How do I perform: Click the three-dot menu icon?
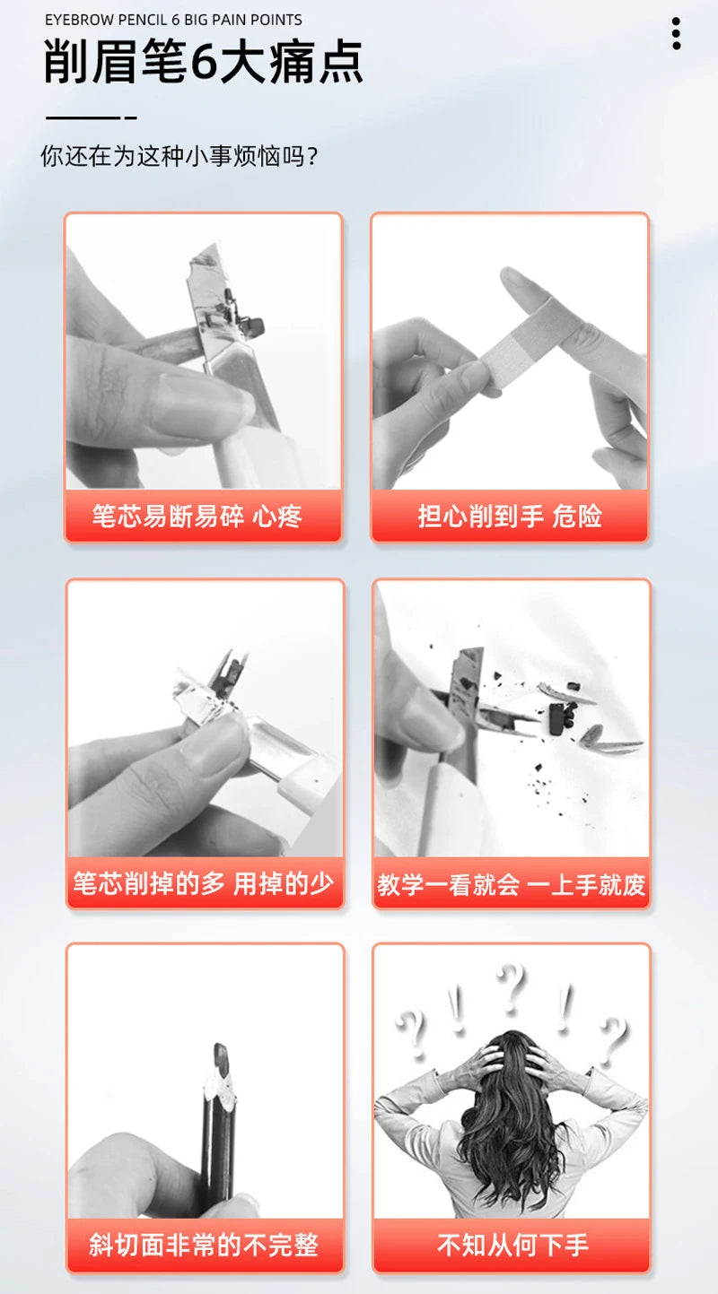676,33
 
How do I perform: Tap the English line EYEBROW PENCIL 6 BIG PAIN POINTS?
173,21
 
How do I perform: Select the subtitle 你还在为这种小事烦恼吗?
179,156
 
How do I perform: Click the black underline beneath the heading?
92,117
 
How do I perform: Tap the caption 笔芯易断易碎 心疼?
197,516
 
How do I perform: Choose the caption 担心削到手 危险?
510,516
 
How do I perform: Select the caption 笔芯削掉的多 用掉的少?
204,883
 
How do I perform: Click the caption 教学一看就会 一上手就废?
511,884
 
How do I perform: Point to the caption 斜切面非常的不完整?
204,1245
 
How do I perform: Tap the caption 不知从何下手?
512,1245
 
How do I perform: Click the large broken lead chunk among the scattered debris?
556,718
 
